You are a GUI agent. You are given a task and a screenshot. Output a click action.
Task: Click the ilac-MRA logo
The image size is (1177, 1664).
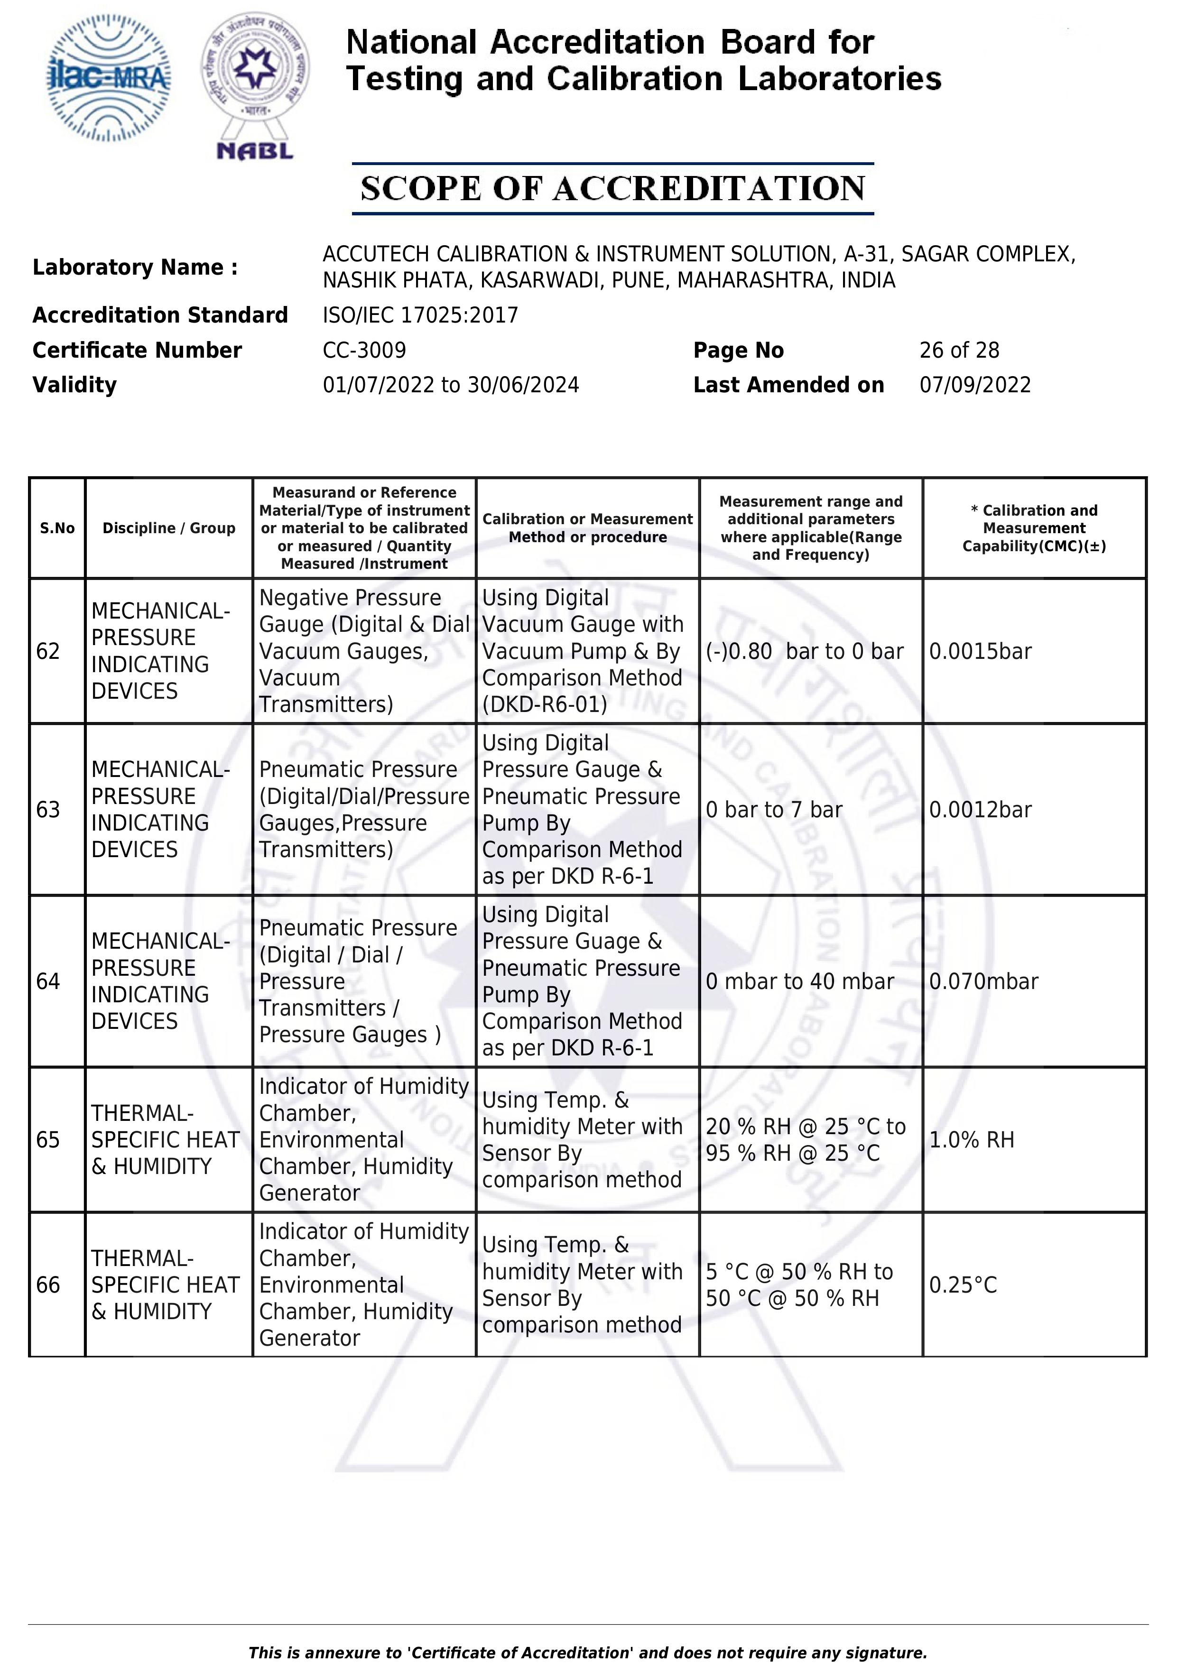[x=109, y=78]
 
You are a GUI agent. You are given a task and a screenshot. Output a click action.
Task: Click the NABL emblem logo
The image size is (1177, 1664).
[x=255, y=85]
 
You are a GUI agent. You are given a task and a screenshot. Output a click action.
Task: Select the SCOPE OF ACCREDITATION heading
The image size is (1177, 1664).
[x=612, y=188]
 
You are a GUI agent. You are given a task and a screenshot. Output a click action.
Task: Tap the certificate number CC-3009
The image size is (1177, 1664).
[x=364, y=350]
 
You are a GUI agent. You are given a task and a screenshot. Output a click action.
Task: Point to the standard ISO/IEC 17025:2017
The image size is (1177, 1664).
[x=420, y=315]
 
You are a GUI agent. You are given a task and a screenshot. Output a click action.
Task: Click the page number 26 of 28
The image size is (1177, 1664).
[x=959, y=350]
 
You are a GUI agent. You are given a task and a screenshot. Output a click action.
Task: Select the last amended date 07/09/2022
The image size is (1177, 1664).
[x=975, y=385]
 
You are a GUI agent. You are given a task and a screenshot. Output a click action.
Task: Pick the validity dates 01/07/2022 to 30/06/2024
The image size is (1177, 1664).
[x=451, y=385]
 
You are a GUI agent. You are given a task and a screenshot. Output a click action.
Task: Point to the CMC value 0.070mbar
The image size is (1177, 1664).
[x=983, y=981]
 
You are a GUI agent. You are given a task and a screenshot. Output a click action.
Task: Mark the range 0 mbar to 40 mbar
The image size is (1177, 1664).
[x=799, y=981]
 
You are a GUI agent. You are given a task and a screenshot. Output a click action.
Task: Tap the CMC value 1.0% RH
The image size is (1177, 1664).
[x=971, y=1140]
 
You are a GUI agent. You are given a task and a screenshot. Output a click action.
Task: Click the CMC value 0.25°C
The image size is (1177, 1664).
[x=963, y=1285]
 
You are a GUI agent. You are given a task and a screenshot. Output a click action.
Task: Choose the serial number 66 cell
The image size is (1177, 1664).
[x=48, y=1285]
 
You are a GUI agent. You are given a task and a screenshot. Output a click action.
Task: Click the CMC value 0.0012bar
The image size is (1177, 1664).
[x=980, y=810]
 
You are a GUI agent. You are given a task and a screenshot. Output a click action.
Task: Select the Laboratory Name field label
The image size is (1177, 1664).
[x=135, y=268]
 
